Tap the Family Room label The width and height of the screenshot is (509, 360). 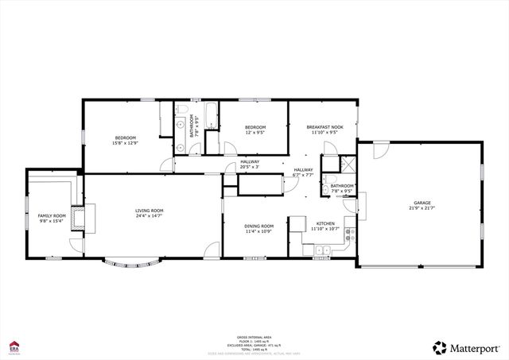click(x=52, y=219)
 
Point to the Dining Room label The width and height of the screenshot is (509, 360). click(x=258, y=228)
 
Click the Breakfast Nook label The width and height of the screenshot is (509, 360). click(x=324, y=130)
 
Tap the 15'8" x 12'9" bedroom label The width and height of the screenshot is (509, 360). click(x=125, y=141)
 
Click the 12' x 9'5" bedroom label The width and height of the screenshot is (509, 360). click(x=254, y=130)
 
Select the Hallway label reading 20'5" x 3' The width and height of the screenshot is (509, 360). click(x=250, y=165)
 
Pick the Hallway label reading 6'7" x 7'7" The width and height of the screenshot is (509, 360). click(x=303, y=172)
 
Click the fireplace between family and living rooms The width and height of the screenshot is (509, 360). click(x=77, y=218)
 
